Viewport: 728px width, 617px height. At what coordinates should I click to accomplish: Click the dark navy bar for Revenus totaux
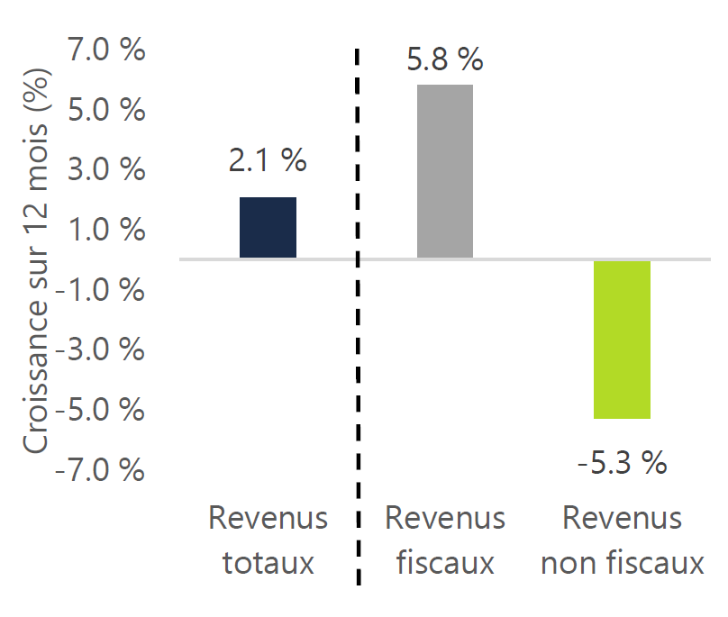pos(268,227)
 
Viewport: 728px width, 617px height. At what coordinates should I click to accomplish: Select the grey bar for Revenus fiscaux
pos(445,171)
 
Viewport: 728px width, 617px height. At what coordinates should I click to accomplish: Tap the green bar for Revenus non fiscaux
pos(623,340)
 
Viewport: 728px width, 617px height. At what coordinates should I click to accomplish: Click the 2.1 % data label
pos(268,161)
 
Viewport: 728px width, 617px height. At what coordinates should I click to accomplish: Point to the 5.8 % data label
pos(445,60)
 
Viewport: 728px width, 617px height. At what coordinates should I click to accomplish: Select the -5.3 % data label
pos(623,464)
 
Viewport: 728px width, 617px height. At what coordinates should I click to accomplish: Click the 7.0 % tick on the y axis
pos(107,50)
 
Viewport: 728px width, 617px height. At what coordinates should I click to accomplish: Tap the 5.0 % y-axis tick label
pos(107,110)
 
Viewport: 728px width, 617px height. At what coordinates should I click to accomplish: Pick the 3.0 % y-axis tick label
pos(107,169)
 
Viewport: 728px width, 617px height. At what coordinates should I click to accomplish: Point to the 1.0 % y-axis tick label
pos(107,230)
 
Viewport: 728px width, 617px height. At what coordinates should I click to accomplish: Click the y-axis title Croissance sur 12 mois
pos(38,261)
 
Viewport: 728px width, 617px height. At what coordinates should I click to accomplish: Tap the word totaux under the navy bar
pos(268,564)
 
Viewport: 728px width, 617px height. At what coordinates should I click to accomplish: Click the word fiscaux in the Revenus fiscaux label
pos(445,564)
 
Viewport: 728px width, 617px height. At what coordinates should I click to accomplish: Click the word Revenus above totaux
pos(268,519)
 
